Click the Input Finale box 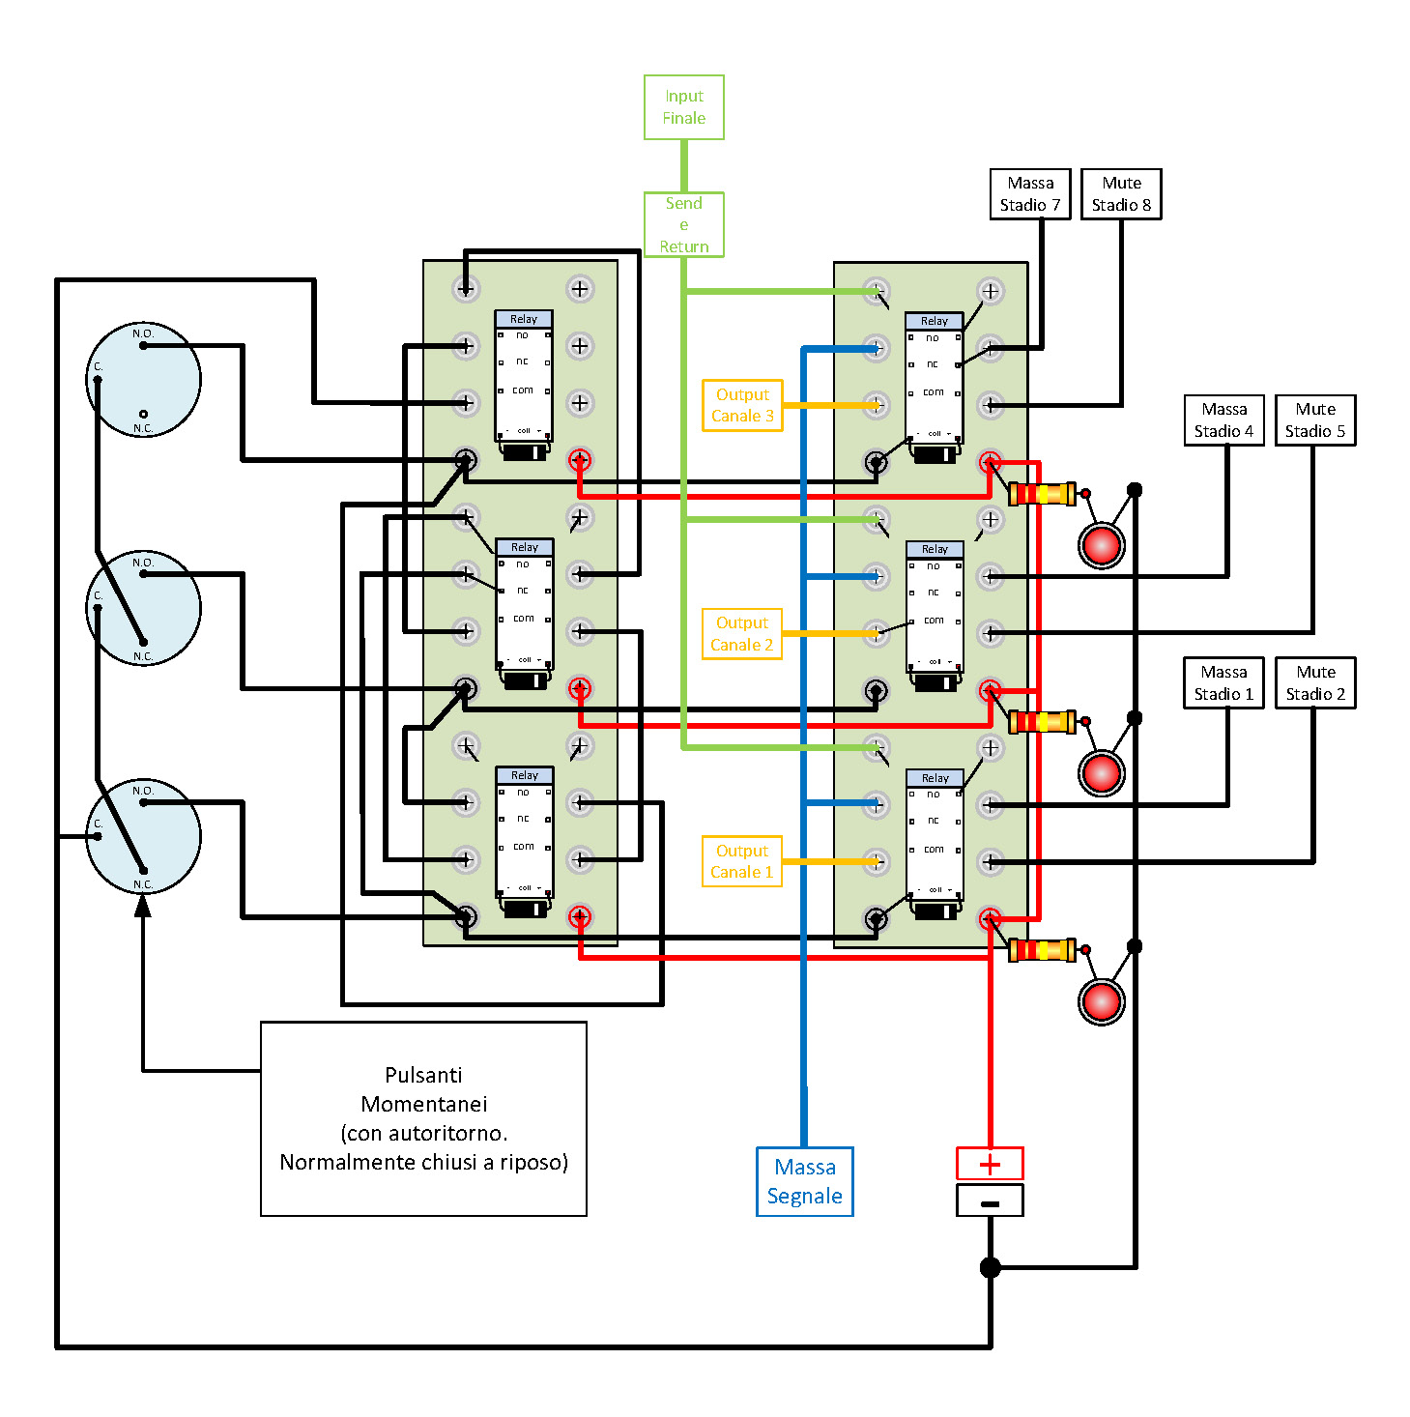point(684,107)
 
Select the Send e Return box point(684,224)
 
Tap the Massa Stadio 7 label point(1030,194)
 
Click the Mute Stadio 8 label point(1121,194)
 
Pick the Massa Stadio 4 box point(1223,420)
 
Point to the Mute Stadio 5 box point(1315,420)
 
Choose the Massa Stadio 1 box point(1223,683)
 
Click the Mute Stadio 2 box point(1315,683)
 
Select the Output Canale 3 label point(742,405)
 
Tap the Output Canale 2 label point(742,634)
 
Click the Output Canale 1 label point(742,861)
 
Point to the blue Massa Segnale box point(805,1181)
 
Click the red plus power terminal point(990,1164)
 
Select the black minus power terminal point(990,1201)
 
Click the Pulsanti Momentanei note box point(423,1118)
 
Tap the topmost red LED point(1102,545)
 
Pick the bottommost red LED point(1102,1001)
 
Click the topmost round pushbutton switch point(143,380)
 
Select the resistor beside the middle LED point(1042,722)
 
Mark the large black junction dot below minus point(991,1267)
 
